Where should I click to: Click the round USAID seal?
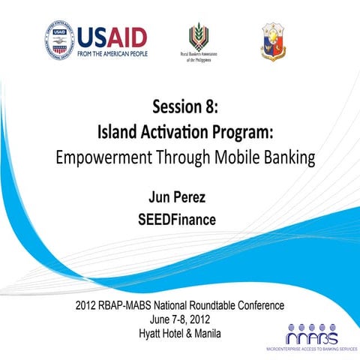point(60,40)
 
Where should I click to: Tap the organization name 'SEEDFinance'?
point(180,220)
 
